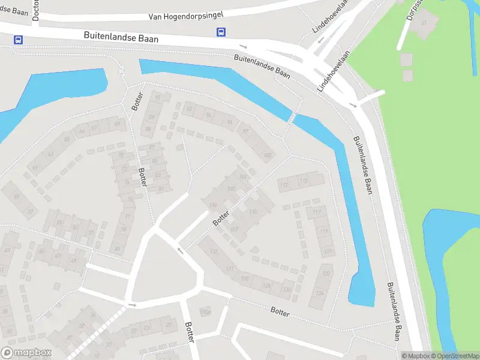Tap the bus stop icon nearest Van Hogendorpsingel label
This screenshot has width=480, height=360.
point(221,32)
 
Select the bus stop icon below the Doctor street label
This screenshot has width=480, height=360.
point(19,40)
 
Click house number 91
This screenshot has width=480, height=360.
point(158,97)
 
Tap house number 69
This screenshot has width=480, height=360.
point(117,124)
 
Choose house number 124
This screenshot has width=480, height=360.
point(320,293)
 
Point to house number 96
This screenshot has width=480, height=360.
point(230,122)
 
